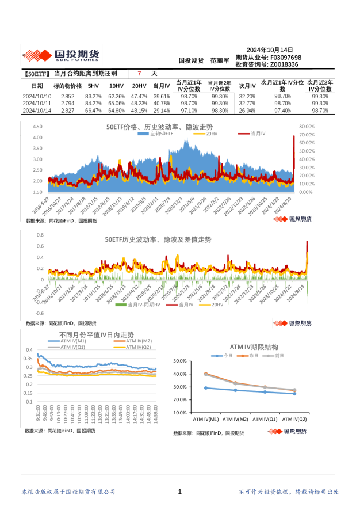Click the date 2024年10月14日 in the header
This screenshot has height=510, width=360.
tap(269, 50)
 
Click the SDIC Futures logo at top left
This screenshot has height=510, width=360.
tap(61, 55)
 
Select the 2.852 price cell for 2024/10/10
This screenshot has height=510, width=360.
tap(67, 96)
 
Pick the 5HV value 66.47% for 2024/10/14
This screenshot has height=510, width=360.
tap(93, 110)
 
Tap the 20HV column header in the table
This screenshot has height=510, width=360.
tap(139, 85)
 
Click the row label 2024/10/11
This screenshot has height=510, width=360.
tap(37, 103)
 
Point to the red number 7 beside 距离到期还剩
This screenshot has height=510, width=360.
tap(139, 74)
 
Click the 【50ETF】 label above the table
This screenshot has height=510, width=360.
tap(37, 74)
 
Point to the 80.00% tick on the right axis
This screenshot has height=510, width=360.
tap(307, 126)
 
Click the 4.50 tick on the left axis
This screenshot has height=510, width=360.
tap(37, 126)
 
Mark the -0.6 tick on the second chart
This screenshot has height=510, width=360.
tap(40, 314)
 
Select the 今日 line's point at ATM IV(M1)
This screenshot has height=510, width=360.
tap(206, 388)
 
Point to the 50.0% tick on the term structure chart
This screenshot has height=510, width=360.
tap(179, 361)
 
